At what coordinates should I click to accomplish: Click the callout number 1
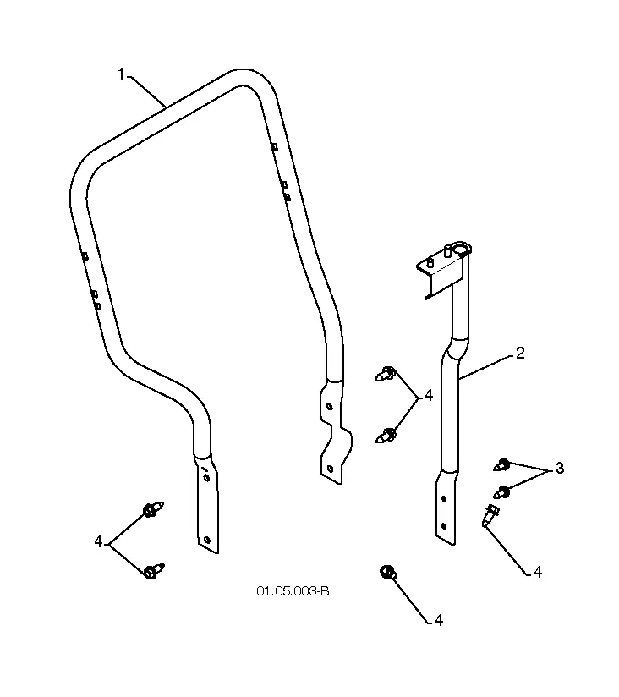pyautogui.click(x=121, y=74)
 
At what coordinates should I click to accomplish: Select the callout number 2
pyautogui.click(x=520, y=354)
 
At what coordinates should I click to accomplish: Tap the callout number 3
pyautogui.click(x=560, y=468)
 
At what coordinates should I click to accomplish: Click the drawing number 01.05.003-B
pyautogui.click(x=293, y=591)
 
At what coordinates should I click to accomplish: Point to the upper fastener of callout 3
pyautogui.click(x=501, y=465)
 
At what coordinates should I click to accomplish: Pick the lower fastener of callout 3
pyautogui.click(x=501, y=492)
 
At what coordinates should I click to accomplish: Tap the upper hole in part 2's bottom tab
pyautogui.click(x=444, y=499)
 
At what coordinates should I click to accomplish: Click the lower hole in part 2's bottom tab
pyautogui.click(x=443, y=526)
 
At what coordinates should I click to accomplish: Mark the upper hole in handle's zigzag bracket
pyautogui.click(x=329, y=406)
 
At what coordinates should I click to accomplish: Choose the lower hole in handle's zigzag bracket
pyautogui.click(x=329, y=469)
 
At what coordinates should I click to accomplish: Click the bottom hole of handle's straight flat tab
pyautogui.click(x=206, y=540)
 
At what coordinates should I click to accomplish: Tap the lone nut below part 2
pyautogui.click(x=388, y=572)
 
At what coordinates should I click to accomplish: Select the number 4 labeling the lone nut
pyautogui.click(x=439, y=620)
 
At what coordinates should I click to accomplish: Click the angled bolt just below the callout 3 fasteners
pyautogui.click(x=490, y=516)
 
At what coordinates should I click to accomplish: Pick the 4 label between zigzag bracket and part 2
pyautogui.click(x=429, y=395)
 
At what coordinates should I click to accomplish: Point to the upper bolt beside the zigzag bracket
pyautogui.click(x=386, y=374)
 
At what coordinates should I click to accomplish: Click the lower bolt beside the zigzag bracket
pyautogui.click(x=386, y=435)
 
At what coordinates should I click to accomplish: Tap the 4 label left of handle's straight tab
pyautogui.click(x=98, y=542)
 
